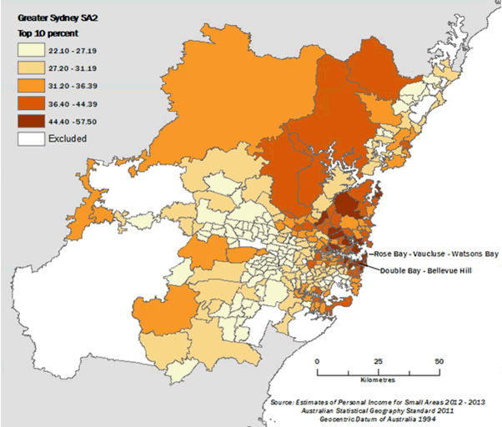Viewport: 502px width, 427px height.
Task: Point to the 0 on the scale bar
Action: [x=318, y=360]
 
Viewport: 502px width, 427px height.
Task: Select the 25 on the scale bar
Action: [x=379, y=360]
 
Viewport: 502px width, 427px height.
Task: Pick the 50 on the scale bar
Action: [x=439, y=360]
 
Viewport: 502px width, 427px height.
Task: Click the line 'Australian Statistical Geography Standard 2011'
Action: [x=384, y=411]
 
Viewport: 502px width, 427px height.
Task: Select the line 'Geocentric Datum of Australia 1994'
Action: [x=383, y=420]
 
